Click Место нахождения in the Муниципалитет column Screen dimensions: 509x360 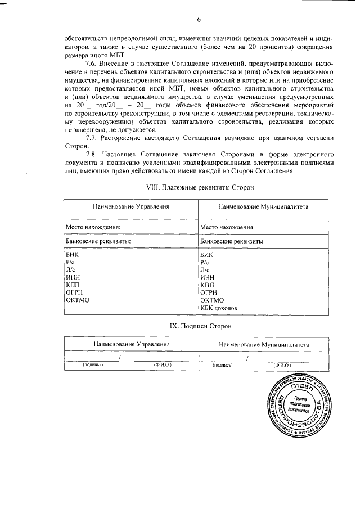pos(227,227)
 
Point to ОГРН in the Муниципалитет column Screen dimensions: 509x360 pos(209,292)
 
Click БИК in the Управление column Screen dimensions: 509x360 pos(73,255)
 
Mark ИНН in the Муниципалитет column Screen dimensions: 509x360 pos(208,277)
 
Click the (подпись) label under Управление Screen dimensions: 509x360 pos(92,364)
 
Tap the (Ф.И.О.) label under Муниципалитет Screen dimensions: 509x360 pos(281,364)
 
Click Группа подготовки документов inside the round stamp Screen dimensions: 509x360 pos(295,405)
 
